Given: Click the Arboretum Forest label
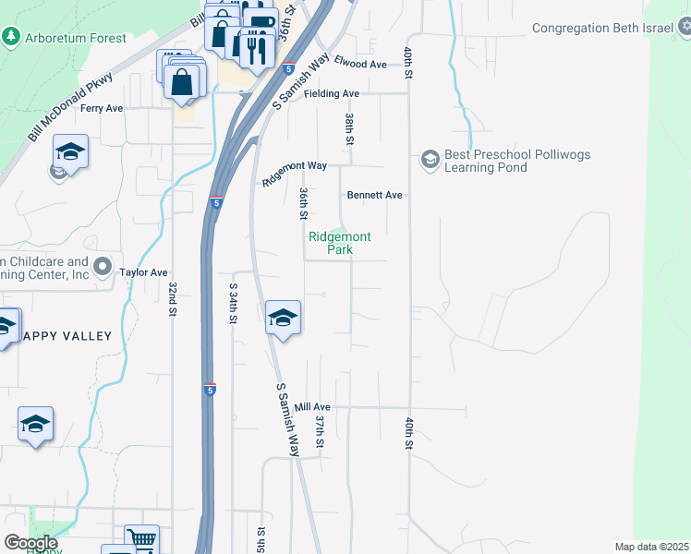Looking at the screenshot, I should [x=76, y=38].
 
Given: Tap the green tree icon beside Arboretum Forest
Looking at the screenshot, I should [x=11, y=37].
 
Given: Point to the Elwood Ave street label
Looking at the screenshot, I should [x=360, y=64].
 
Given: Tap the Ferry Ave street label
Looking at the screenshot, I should [x=102, y=108].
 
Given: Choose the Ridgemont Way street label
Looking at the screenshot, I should [x=295, y=174].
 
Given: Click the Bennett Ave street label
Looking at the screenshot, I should [x=375, y=195].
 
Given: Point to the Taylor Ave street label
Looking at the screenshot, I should [x=143, y=272].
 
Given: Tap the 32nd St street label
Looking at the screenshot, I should [x=172, y=300].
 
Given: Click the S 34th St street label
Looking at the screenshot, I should [x=232, y=304].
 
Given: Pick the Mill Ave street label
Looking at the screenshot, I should [x=312, y=406].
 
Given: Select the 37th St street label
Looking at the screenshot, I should [x=320, y=431].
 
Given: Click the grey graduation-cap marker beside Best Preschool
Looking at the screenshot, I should [x=430, y=160].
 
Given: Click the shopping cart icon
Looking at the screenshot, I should [x=141, y=540].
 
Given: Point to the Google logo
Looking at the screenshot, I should [x=30, y=543].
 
